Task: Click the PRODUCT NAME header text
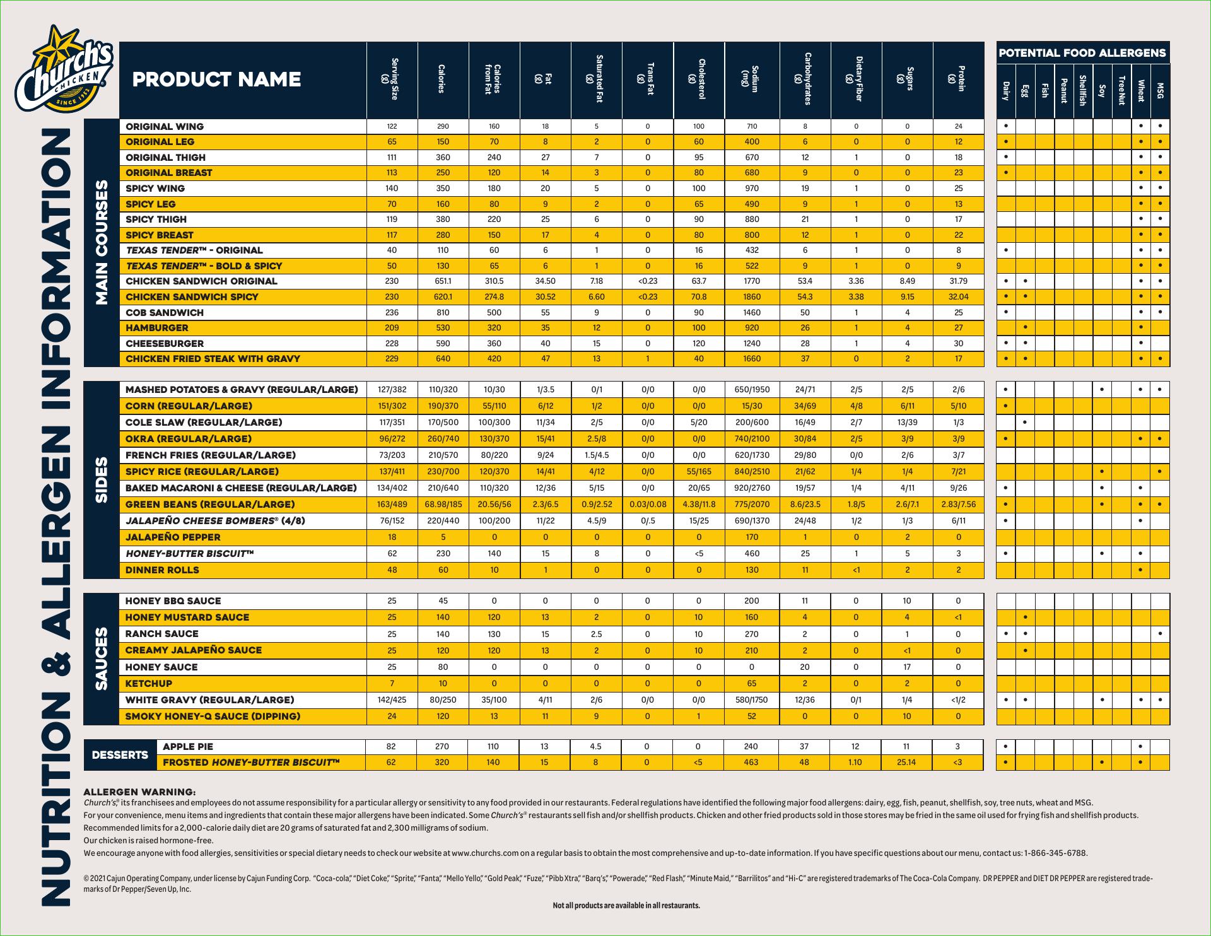tap(216, 79)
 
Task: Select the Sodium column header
tap(752, 79)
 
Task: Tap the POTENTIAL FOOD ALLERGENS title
tap(1082, 53)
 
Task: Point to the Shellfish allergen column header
tap(1082, 90)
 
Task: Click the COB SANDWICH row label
tap(165, 313)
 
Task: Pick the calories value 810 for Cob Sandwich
tap(443, 313)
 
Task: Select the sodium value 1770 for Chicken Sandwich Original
tap(752, 281)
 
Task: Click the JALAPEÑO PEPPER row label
tap(173, 537)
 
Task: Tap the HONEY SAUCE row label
tap(161, 667)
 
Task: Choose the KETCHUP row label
tap(149, 684)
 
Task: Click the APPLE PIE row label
tap(188, 747)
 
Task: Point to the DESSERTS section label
tap(120, 755)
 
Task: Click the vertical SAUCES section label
tap(102, 659)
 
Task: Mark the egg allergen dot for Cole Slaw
tap(1026, 423)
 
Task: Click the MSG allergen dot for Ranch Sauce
tap(1160, 634)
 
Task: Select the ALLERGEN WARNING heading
tap(139, 792)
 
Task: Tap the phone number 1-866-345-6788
tap(1056, 853)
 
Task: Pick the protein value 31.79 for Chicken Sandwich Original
tap(958, 281)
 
